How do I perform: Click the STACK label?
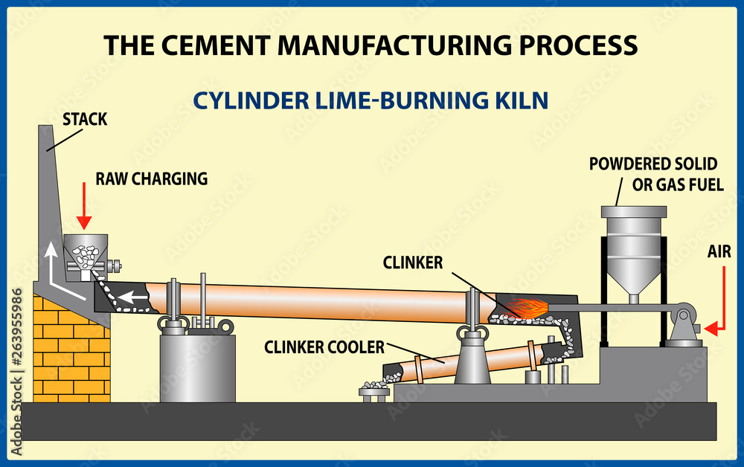84,119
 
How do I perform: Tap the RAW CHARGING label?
151,178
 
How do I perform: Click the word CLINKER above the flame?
413,262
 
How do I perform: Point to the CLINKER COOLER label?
325,347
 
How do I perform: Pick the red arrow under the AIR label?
718,305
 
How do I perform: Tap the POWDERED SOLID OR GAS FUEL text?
652,173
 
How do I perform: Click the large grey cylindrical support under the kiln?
197,366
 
